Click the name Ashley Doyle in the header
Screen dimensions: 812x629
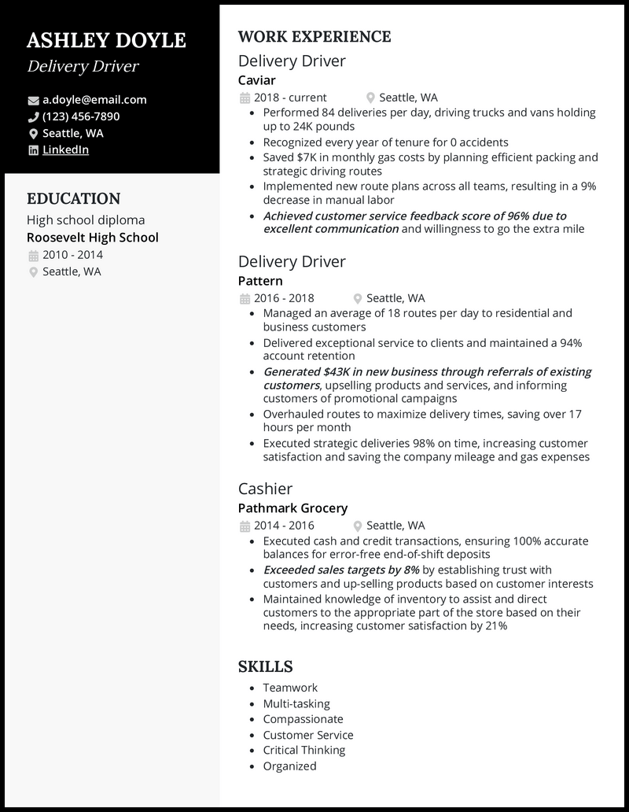click(106, 40)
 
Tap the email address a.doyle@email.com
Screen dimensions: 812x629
click(94, 100)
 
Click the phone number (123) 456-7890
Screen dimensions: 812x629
click(81, 116)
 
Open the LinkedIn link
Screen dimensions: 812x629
click(65, 149)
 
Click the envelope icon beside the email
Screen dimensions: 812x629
click(33, 101)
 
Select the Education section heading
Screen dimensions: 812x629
click(73, 199)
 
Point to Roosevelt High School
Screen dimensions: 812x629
click(93, 237)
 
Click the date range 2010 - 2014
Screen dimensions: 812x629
click(72, 255)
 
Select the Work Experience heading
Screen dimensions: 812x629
click(314, 37)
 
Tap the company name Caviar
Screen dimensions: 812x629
click(256, 80)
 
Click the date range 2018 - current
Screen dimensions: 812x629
click(290, 98)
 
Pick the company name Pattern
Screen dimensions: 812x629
click(260, 281)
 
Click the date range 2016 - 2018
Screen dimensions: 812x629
click(284, 298)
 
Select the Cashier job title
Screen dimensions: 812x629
click(265, 489)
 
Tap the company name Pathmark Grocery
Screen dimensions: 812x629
click(292, 508)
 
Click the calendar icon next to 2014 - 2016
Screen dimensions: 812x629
click(244, 526)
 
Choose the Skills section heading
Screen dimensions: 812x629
click(265, 666)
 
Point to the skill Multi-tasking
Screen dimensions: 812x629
click(296, 703)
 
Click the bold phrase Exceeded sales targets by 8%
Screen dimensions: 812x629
click(341, 569)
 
